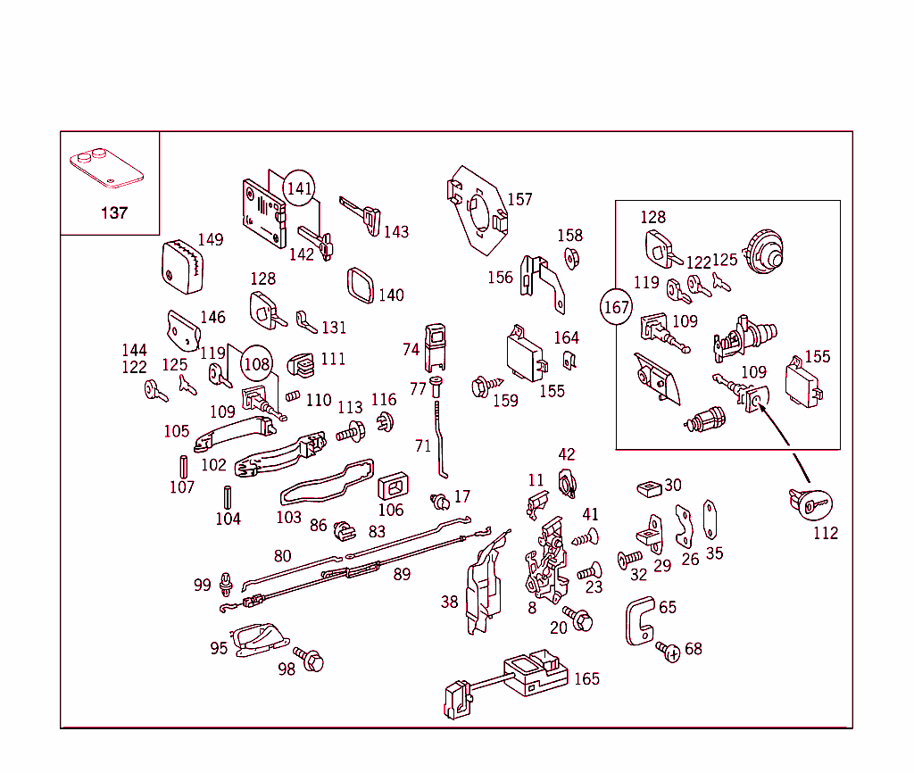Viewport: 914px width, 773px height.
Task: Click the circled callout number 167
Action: tap(616, 308)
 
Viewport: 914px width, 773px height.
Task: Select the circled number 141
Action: tap(300, 188)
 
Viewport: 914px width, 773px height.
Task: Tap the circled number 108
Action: tap(257, 363)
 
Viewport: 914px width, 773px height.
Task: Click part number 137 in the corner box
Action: tap(114, 212)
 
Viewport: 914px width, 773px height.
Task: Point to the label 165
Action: tap(586, 679)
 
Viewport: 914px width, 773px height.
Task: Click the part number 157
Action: tap(519, 199)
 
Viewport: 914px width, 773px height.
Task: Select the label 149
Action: tap(211, 239)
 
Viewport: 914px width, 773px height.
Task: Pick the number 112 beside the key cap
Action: tap(826, 533)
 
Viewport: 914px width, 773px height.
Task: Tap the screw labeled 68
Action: tap(666, 650)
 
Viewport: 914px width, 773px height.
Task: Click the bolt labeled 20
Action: tap(582, 618)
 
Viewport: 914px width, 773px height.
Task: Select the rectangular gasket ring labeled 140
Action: tap(361, 286)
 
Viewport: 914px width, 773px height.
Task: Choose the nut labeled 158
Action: tap(571, 258)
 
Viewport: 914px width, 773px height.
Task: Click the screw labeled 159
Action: tap(480, 386)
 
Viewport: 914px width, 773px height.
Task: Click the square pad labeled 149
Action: tap(184, 266)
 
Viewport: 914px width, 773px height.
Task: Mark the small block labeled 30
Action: tap(648, 487)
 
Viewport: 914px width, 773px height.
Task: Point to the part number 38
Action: tap(449, 602)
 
